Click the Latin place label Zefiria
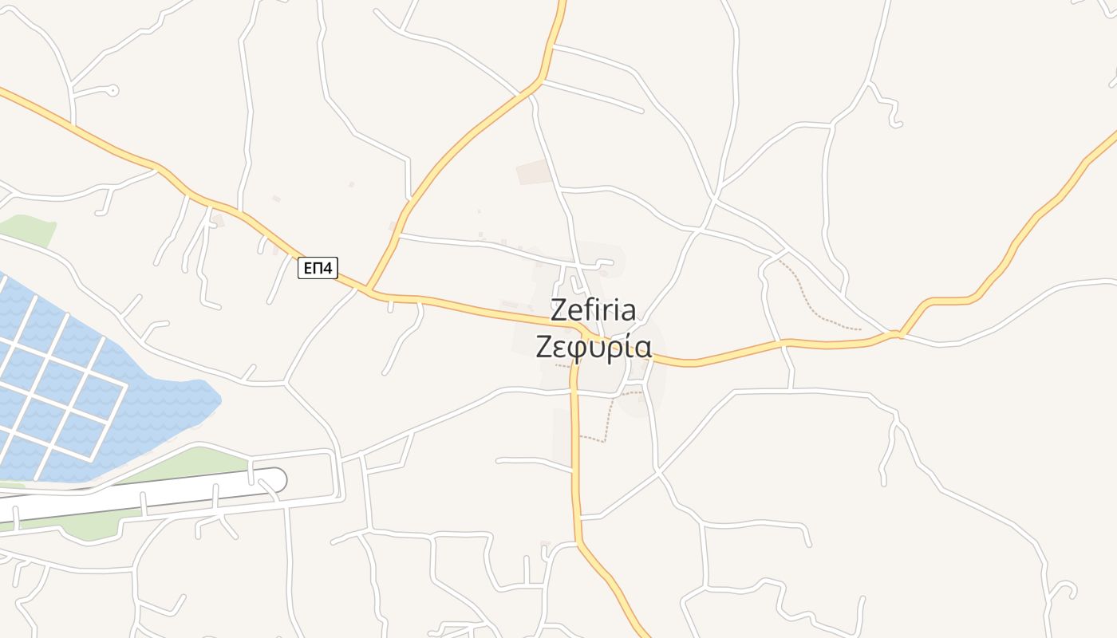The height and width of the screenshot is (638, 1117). (x=594, y=310)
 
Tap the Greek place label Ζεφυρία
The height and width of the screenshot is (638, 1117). (x=594, y=347)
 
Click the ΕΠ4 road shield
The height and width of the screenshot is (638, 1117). (x=317, y=269)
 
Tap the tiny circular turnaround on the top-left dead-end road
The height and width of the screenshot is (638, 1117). (x=113, y=90)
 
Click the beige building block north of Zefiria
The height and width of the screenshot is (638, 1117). (x=534, y=171)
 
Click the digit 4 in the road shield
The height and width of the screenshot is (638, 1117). (x=327, y=269)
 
